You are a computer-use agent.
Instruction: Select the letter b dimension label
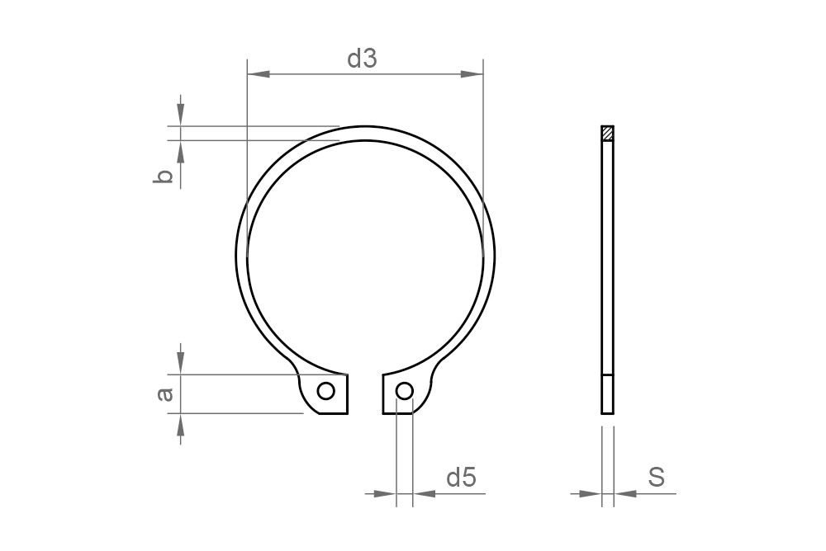[x=164, y=176]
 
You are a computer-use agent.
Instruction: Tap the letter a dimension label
[x=165, y=394]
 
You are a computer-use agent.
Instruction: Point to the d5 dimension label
[x=461, y=477]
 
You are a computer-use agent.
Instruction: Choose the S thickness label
[x=657, y=477]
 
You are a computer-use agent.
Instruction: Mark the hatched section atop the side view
[x=607, y=133]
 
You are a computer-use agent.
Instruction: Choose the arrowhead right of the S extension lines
[x=625, y=494]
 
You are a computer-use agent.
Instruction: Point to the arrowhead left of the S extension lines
[x=590, y=494]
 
